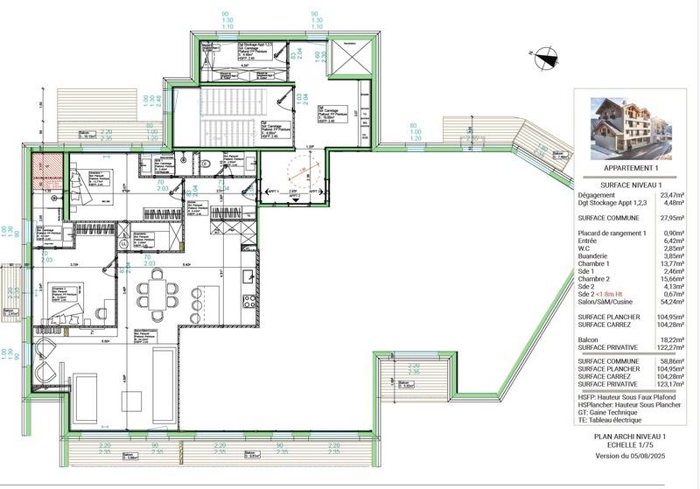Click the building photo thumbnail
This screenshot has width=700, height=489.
(628, 126)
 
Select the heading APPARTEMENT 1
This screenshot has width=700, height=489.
(629, 168)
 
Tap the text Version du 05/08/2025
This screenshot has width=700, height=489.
(630, 455)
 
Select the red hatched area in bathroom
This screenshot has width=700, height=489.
(44, 171)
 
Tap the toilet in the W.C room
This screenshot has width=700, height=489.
(202, 162)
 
